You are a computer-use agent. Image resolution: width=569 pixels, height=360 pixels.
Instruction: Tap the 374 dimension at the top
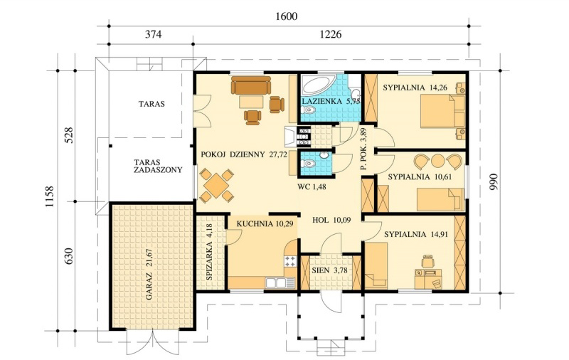pos(151,33)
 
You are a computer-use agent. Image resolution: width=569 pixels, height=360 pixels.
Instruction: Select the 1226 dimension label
pos(331,33)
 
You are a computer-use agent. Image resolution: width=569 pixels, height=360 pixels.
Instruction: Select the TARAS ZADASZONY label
pos(151,166)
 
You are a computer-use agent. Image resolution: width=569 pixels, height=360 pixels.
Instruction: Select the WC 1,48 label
pos(312,186)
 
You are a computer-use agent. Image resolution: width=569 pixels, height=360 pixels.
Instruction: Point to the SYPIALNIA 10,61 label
pos(418,175)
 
